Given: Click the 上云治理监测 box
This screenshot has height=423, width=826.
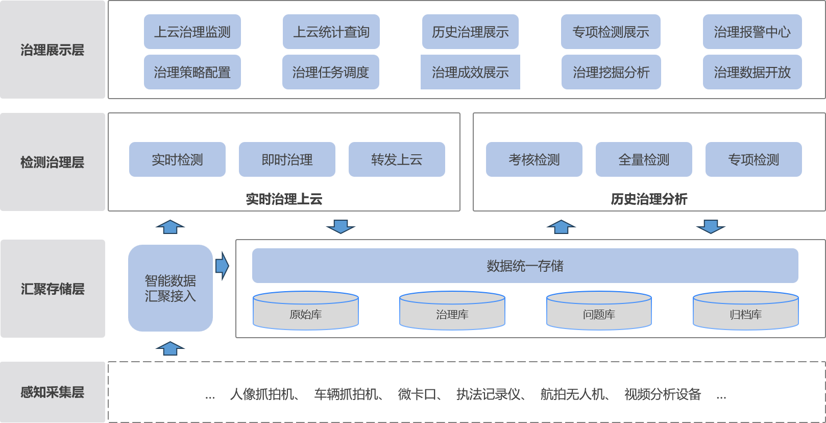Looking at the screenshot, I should pyautogui.click(x=192, y=32).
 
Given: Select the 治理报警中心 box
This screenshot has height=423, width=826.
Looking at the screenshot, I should pyautogui.click(x=752, y=32).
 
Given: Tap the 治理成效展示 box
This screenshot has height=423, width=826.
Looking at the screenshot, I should pyautogui.click(x=470, y=72).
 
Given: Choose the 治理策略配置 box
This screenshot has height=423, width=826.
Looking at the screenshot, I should pyautogui.click(x=192, y=72).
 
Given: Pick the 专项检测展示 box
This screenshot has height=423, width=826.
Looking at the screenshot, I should pyautogui.click(x=611, y=32).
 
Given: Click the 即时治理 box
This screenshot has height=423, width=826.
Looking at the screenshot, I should pyautogui.click(x=287, y=159).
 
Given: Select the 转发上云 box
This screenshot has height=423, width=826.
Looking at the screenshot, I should pyautogui.click(x=397, y=159).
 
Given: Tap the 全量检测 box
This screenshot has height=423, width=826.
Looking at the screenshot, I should pyautogui.click(x=644, y=159).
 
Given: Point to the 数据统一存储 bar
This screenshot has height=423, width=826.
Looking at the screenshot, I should pyautogui.click(x=525, y=266).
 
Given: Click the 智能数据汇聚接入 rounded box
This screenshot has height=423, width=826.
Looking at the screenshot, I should pyautogui.click(x=171, y=288).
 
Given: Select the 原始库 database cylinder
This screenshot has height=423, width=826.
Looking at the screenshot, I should pyautogui.click(x=306, y=311).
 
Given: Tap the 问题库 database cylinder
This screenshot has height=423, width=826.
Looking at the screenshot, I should pyautogui.click(x=599, y=311).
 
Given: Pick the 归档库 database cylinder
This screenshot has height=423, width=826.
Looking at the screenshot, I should pyautogui.click(x=745, y=311).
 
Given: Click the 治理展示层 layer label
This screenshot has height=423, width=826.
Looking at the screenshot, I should pyautogui.click(x=53, y=50).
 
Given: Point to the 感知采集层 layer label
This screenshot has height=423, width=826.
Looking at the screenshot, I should pyautogui.click(x=53, y=392).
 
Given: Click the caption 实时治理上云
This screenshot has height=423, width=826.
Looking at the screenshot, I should pyautogui.click(x=284, y=199).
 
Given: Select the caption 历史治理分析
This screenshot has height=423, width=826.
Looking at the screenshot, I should pyautogui.click(x=649, y=199).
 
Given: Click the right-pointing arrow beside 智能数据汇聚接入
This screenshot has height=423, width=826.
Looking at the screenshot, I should pyautogui.click(x=222, y=266).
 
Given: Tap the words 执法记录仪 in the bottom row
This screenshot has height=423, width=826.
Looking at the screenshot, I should pyautogui.click(x=489, y=394).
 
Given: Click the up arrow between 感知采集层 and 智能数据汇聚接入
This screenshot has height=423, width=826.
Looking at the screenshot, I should pyautogui.click(x=170, y=348).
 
